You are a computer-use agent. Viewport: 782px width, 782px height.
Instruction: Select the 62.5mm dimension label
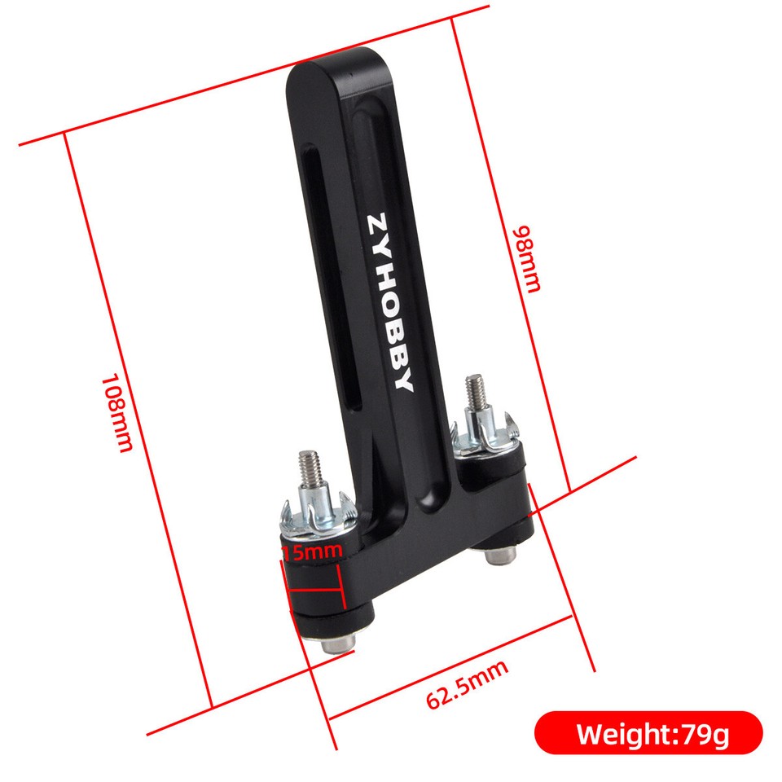(x=467, y=684)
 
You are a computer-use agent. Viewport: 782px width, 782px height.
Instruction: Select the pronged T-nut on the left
(x=314, y=515)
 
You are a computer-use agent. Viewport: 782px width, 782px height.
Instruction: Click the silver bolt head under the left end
(x=336, y=644)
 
